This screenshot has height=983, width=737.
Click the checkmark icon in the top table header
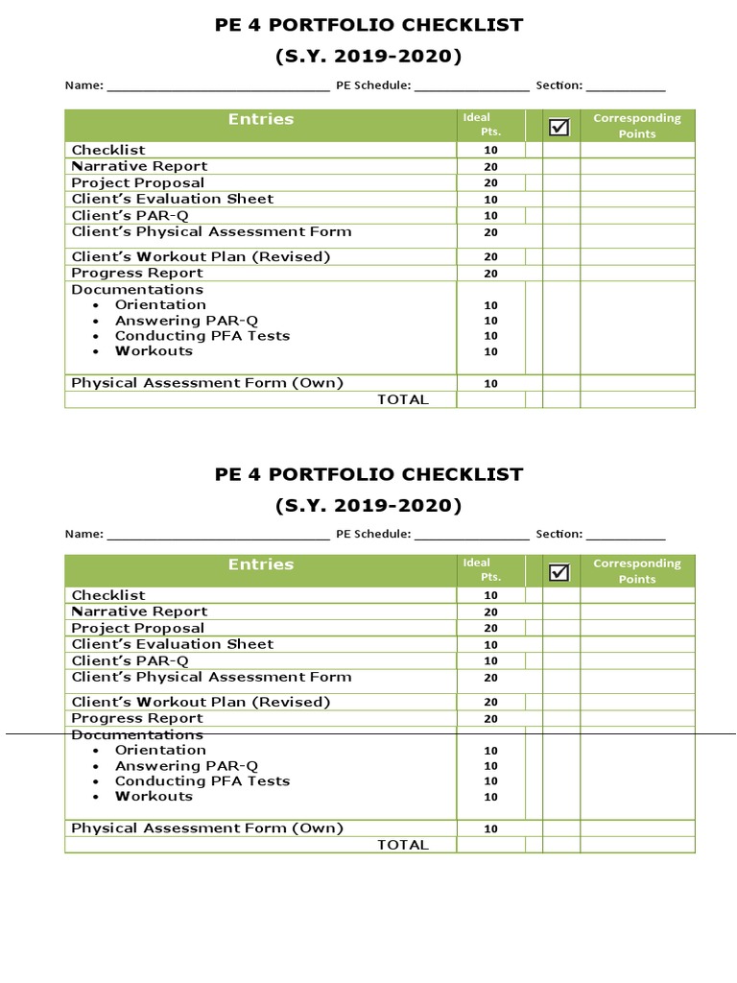coord(559,127)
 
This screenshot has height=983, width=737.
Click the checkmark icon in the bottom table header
coord(559,572)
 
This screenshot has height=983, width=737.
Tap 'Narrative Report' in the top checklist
coord(139,166)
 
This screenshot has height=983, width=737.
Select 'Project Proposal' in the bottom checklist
coord(137,628)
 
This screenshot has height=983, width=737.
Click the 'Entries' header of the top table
coord(261,119)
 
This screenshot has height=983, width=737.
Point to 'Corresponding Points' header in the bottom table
coord(637,571)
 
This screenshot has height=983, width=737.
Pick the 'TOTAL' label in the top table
coord(403,399)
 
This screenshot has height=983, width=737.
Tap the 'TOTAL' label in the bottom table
coord(403,845)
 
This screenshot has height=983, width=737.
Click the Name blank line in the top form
coord(218,86)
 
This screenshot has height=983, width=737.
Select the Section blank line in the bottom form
coord(625,535)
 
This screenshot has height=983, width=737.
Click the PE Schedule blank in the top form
coord(471,86)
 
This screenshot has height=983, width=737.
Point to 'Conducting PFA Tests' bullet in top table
coord(202,336)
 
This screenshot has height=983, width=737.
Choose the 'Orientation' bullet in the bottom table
coord(160,750)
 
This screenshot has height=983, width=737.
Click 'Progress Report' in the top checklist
coord(137,274)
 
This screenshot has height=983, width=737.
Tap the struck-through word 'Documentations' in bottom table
coord(137,734)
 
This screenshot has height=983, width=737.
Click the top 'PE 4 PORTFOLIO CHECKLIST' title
coord(369,25)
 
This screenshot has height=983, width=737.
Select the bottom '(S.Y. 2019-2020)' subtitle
coord(369,505)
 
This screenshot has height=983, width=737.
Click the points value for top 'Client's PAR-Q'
coord(490,216)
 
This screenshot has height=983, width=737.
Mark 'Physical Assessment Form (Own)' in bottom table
coord(207,828)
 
